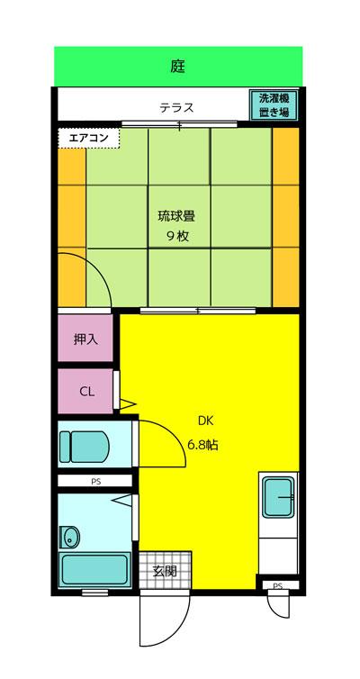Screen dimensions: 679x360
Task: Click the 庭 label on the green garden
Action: [178, 66]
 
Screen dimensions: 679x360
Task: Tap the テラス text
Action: [176, 108]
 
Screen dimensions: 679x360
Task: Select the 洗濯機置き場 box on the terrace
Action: [274, 105]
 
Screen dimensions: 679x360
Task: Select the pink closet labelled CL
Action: [86, 391]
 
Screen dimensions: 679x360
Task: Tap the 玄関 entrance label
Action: [164, 570]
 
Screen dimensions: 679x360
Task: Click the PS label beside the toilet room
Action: [95, 482]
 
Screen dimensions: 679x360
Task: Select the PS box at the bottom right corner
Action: [277, 586]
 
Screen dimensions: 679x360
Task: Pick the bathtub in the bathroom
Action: [94, 568]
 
